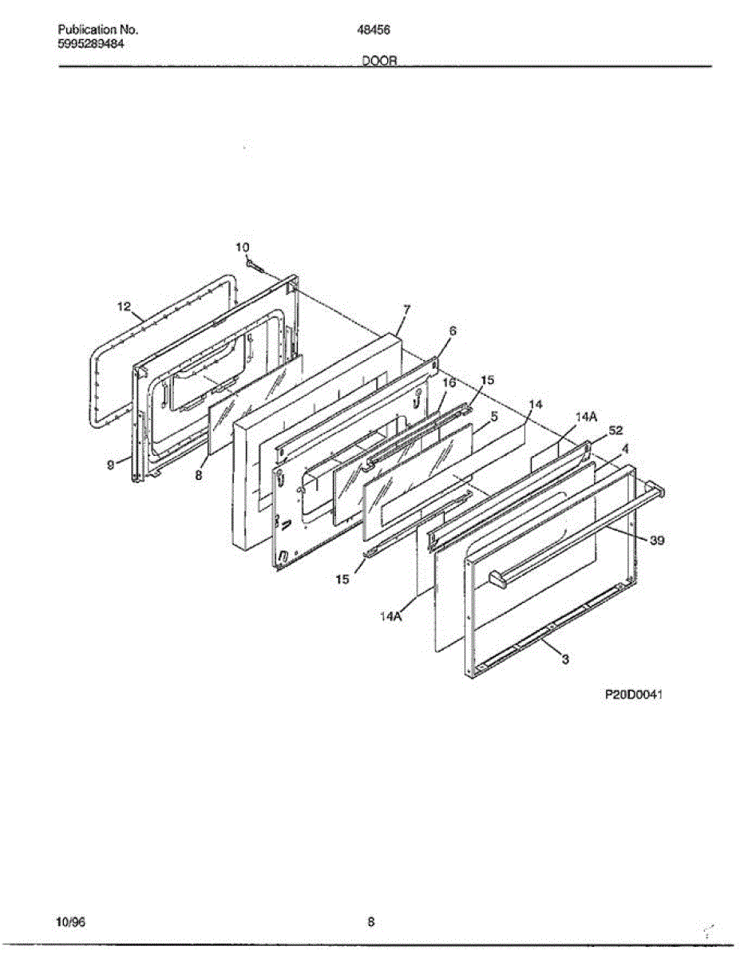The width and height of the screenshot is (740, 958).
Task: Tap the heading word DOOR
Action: [x=379, y=61]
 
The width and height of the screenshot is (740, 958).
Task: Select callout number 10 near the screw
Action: [x=243, y=247]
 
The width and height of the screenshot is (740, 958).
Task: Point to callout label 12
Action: [x=123, y=306]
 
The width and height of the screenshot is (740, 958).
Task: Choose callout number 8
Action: [x=199, y=474]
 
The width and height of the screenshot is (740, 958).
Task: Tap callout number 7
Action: [x=406, y=309]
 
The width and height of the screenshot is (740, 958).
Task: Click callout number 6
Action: [x=453, y=330]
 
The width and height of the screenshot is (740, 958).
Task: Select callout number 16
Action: [x=449, y=382]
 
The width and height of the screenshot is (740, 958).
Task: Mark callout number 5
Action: [x=494, y=416]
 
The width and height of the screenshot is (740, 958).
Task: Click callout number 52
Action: [x=615, y=430]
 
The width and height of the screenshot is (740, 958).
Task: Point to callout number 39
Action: [x=656, y=540]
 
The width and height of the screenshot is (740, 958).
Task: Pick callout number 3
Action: [x=565, y=659]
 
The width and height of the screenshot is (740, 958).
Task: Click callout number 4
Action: [x=625, y=449]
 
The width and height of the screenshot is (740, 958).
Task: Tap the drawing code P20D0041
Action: [x=635, y=695]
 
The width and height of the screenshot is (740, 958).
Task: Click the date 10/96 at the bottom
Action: [x=71, y=922]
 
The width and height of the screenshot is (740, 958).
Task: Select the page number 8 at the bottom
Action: [x=371, y=922]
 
